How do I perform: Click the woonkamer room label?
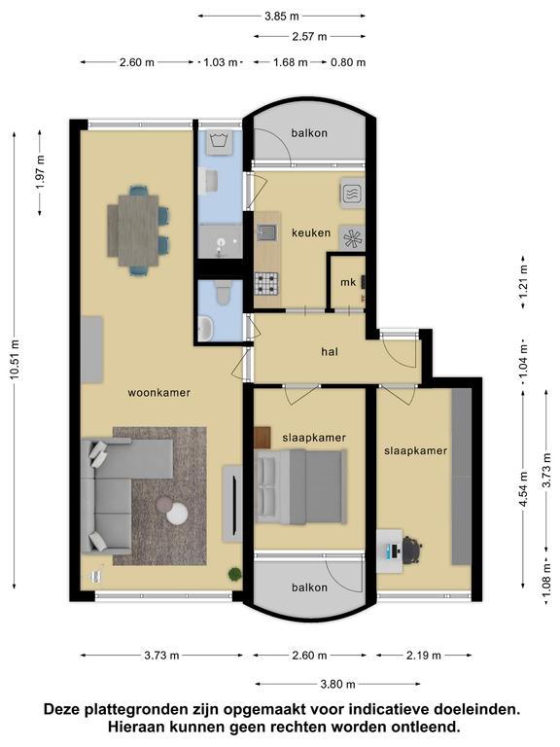pos(159,393)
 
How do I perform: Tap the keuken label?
pos(311,233)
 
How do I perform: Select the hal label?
pos(330,351)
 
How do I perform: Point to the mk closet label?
pos(348,282)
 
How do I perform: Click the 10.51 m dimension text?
pos(15,360)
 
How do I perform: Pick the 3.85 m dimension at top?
pos(282,17)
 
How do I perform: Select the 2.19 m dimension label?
pos(424,656)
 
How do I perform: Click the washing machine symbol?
pos(219,142)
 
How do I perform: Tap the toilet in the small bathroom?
pos(223,292)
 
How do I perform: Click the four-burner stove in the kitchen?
pos(266,283)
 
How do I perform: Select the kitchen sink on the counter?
pos(265,232)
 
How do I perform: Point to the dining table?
pos(137,231)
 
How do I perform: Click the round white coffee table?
pos(176,514)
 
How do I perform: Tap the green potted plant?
pos(234,574)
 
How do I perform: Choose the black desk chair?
pos(412,551)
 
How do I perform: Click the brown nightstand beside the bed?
pos(262,438)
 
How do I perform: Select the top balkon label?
pos(309,133)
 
